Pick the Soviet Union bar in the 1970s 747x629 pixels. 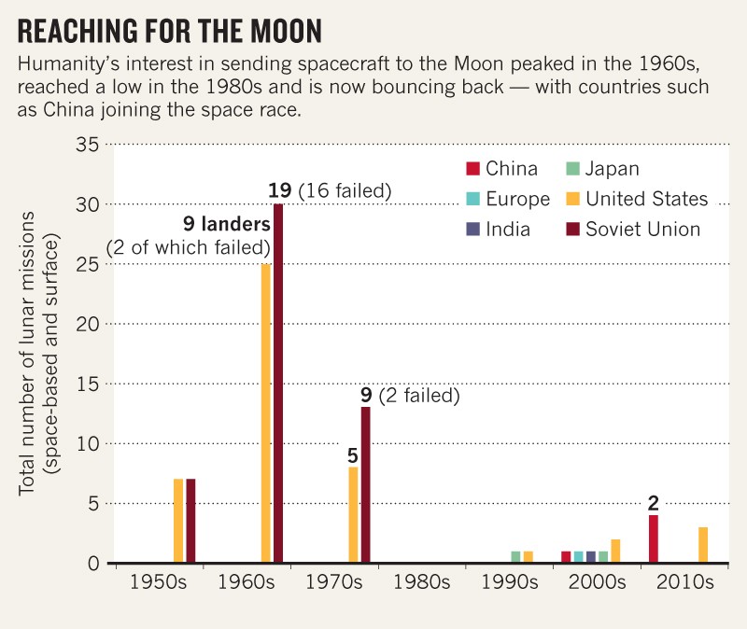coord(366,485)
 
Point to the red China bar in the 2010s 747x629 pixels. coord(654,539)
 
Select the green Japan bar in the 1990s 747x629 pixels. coord(515,557)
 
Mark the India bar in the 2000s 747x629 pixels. coord(591,557)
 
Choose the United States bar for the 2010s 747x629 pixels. coord(703,545)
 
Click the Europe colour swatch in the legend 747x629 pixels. coord(472,200)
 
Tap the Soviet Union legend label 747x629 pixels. coord(642,230)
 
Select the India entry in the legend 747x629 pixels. coord(510,230)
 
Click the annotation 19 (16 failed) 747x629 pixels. coord(329,191)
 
